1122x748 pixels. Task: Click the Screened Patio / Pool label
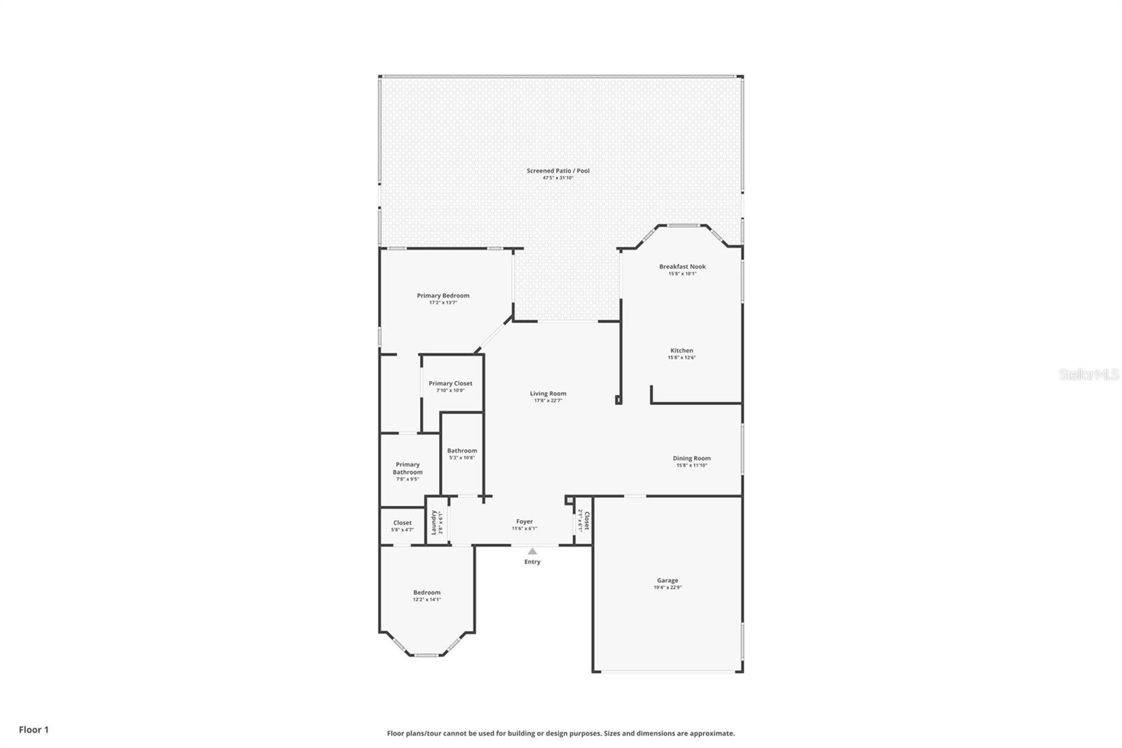(x=557, y=171)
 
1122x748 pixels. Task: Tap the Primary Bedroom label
(x=442, y=295)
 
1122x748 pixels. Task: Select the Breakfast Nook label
(x=682, y=267)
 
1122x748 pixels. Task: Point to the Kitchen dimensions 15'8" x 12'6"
(x=681, y=358)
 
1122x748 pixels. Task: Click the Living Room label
(x=548, y=394)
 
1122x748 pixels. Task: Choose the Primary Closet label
(x=450, y=383)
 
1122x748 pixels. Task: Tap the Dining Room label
(x=691, y=458)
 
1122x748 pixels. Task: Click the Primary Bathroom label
(x=407, y=468)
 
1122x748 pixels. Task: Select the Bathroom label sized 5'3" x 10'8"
(x=461, y=450)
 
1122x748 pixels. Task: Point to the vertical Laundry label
(x=434, y=522)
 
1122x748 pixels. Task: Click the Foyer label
(x=524, y=521)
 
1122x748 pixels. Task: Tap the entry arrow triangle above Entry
(x=532, y=552)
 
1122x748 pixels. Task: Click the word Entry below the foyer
(x=532, y=561)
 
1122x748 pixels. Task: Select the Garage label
(x=667, y=580)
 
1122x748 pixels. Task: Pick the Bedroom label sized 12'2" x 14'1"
(x=426, y=592)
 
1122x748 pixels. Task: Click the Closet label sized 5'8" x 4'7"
(x=402, y=523)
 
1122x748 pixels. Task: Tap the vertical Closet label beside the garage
(x=586, y=520)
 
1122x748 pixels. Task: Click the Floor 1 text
(x=34, y=730)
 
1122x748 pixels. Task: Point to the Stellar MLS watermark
(x=1088, y=375)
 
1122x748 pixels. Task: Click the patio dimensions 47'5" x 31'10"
(x=557, y=178)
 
